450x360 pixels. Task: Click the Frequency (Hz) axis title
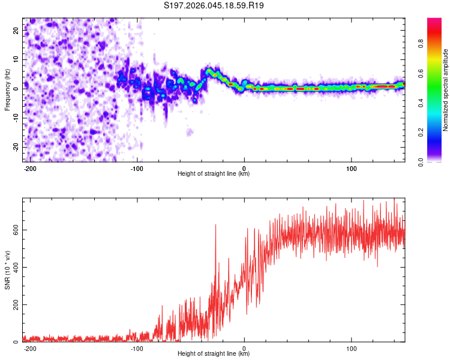pos(8,88)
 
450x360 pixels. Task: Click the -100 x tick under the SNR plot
pos(137,349)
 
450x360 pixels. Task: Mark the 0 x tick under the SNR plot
pos(244,349)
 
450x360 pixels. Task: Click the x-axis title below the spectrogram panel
pos(214,174)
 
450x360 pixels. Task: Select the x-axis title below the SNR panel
pos(214,354)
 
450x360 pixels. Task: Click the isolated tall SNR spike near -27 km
pos(215,226)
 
